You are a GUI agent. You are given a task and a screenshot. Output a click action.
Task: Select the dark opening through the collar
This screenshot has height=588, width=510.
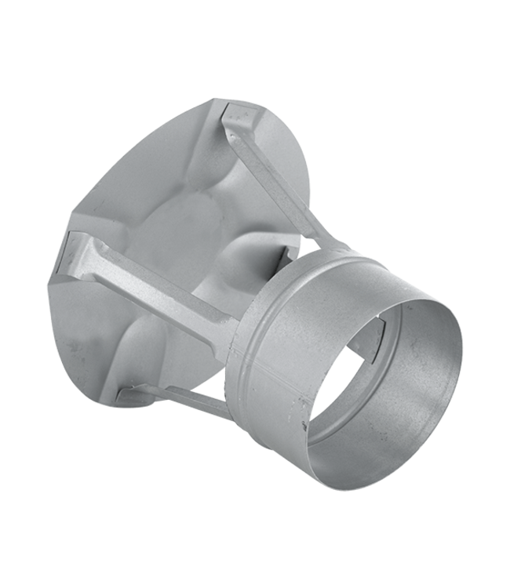(x=369, y=392)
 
